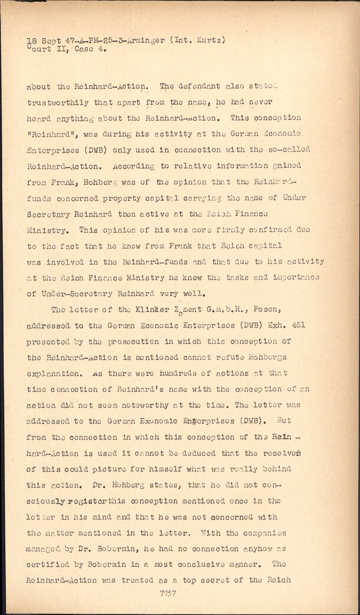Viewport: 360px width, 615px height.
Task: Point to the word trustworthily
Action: pos(58,103)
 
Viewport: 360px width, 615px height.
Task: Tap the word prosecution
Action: pos(133,341)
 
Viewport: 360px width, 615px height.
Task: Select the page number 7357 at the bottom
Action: pos(168,593)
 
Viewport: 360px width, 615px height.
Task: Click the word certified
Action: pos(48,565)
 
